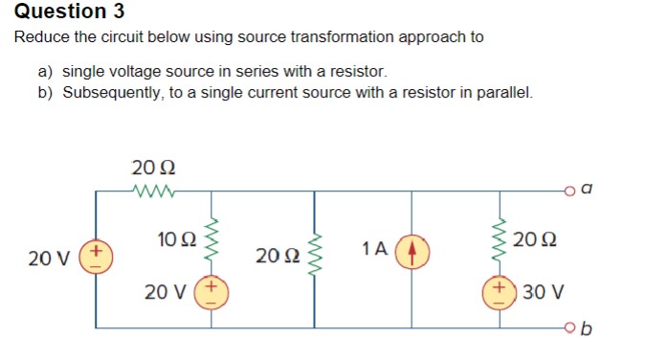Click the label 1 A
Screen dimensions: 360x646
pos(374,249)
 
